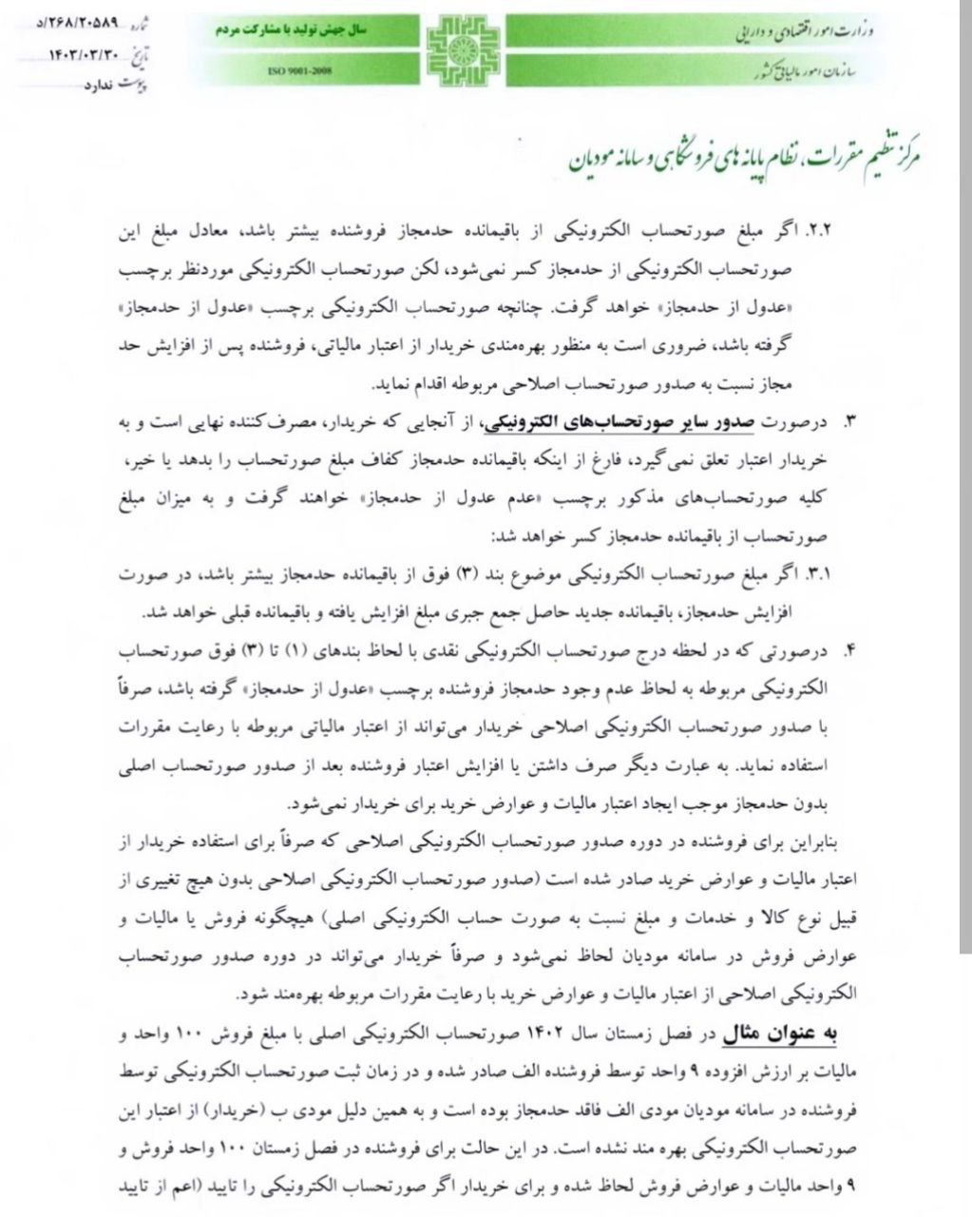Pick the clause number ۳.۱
(x=817, y=575)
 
